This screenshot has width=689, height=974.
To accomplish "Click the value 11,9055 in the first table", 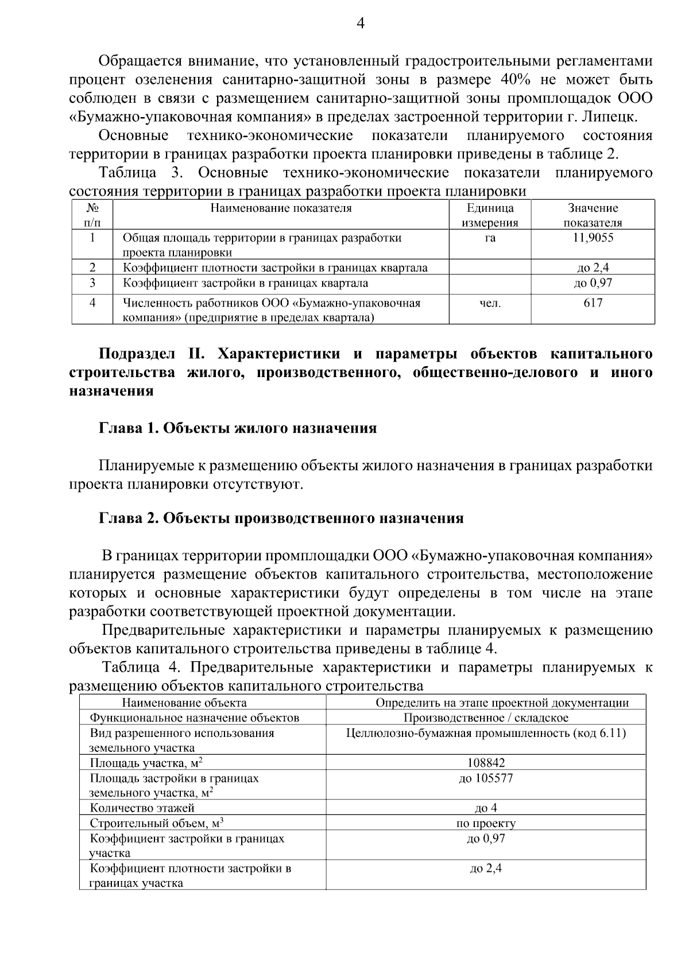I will coord(593,238).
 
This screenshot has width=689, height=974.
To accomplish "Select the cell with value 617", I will coord(593,303).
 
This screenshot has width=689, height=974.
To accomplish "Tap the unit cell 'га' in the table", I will coord(490,238).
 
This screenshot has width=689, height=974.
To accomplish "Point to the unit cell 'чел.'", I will coord(490,304).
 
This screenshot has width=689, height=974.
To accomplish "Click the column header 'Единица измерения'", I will coord(490,215).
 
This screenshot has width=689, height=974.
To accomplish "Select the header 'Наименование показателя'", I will coord(281,208).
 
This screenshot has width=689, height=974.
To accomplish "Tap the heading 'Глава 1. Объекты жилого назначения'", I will coord(238,428).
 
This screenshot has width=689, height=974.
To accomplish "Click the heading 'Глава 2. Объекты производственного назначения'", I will coord(281,518).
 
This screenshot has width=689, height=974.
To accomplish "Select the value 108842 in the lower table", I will coord(486,763).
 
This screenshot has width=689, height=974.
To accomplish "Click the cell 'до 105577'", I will coord(486,778).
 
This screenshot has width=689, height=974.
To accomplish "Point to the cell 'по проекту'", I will coord(486,824).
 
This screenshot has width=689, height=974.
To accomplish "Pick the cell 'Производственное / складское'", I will coord(486,718).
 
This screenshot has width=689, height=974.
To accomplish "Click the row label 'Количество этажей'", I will coord(142,808).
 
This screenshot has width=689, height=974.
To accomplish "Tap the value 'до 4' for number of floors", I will coord(486,808).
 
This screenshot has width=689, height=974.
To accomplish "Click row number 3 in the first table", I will coord(92,283).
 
